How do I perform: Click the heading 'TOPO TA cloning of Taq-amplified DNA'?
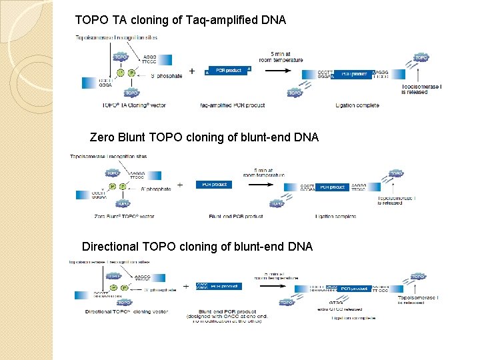(x=181, y=21)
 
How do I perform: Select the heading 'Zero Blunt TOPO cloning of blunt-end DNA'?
(x=204, y=137)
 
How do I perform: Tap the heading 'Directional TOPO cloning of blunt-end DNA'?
(x=197, y=247)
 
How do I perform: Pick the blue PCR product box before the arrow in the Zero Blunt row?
(x=213, y=185)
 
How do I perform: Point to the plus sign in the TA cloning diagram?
(x=192, y=71)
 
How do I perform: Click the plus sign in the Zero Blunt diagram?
(x=179, y=185)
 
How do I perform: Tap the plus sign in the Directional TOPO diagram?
(x=185, y=286)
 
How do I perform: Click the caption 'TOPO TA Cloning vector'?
(x=134, y=105)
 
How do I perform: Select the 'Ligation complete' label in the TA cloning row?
(x=357, y=105)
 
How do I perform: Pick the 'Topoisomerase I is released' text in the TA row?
(x=422, y=89)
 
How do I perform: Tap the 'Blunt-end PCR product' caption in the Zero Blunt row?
(x=235, y=216)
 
